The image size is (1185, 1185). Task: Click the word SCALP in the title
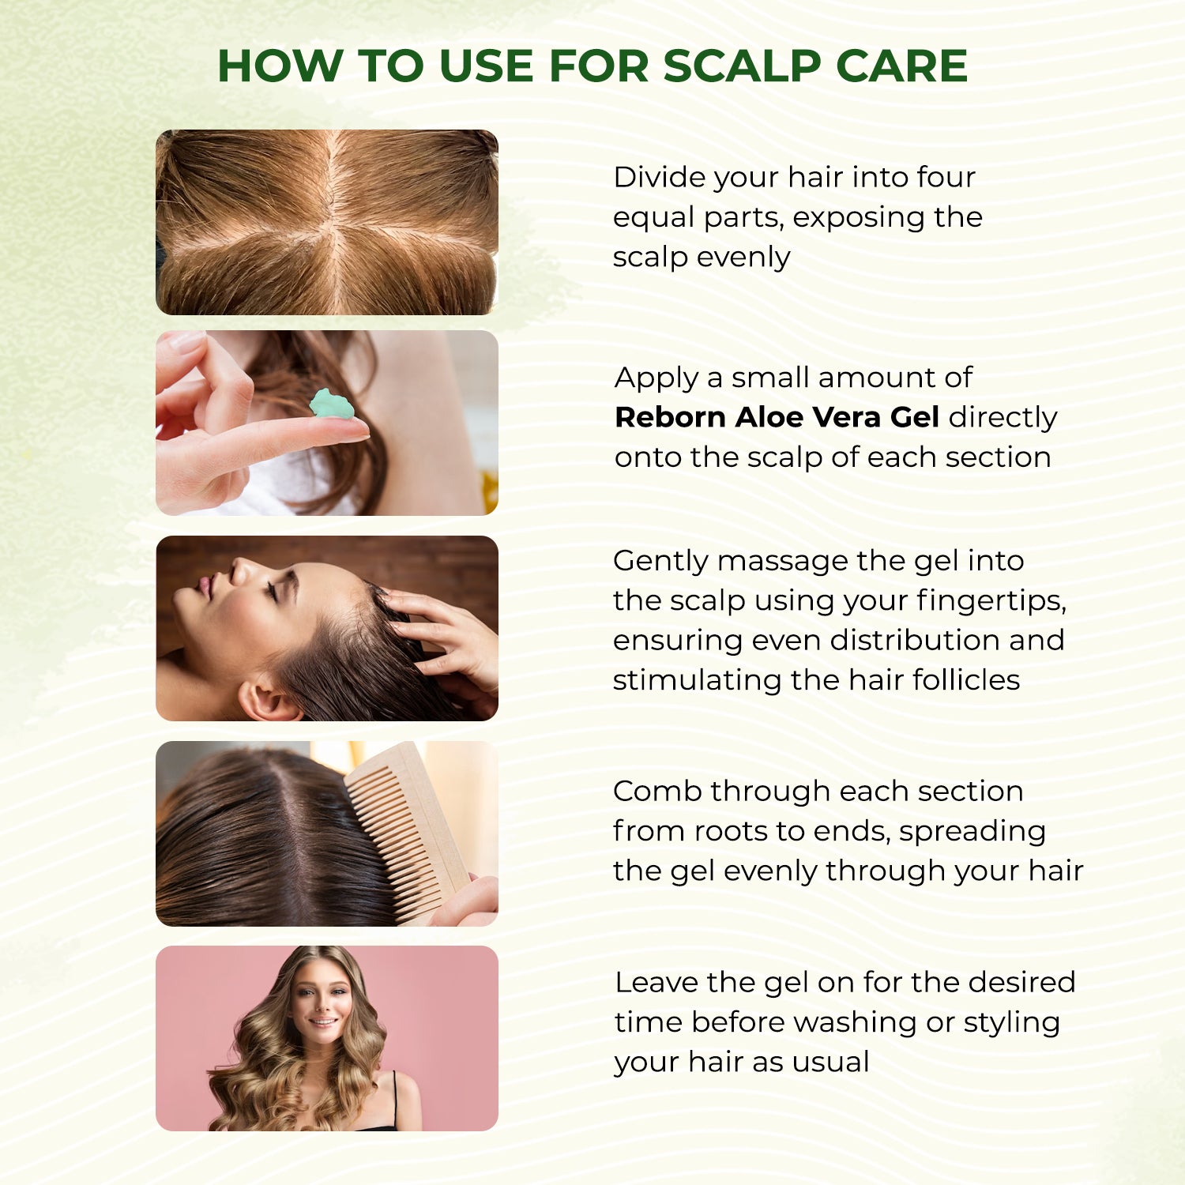point(742,66)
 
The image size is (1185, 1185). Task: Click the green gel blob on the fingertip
point(330,404)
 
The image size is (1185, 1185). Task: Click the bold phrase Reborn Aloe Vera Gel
point(777,417)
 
